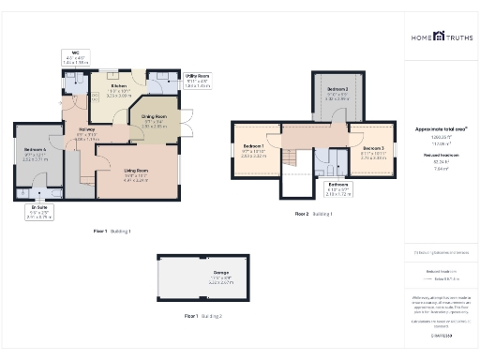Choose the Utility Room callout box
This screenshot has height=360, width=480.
click(x=197, y=82)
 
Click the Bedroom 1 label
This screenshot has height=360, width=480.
click(x=253, y=149)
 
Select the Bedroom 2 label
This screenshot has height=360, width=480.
click(x=337, y=95)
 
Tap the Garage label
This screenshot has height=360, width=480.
click(x=220, y=277)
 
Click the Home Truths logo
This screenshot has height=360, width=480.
click(x=440, y=37)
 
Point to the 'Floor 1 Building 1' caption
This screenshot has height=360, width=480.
click(x=112, y=230)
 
